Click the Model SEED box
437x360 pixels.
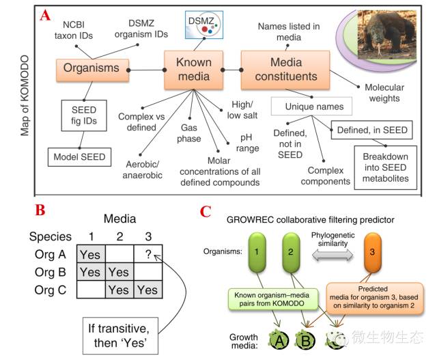80,156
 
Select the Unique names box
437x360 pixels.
311,107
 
